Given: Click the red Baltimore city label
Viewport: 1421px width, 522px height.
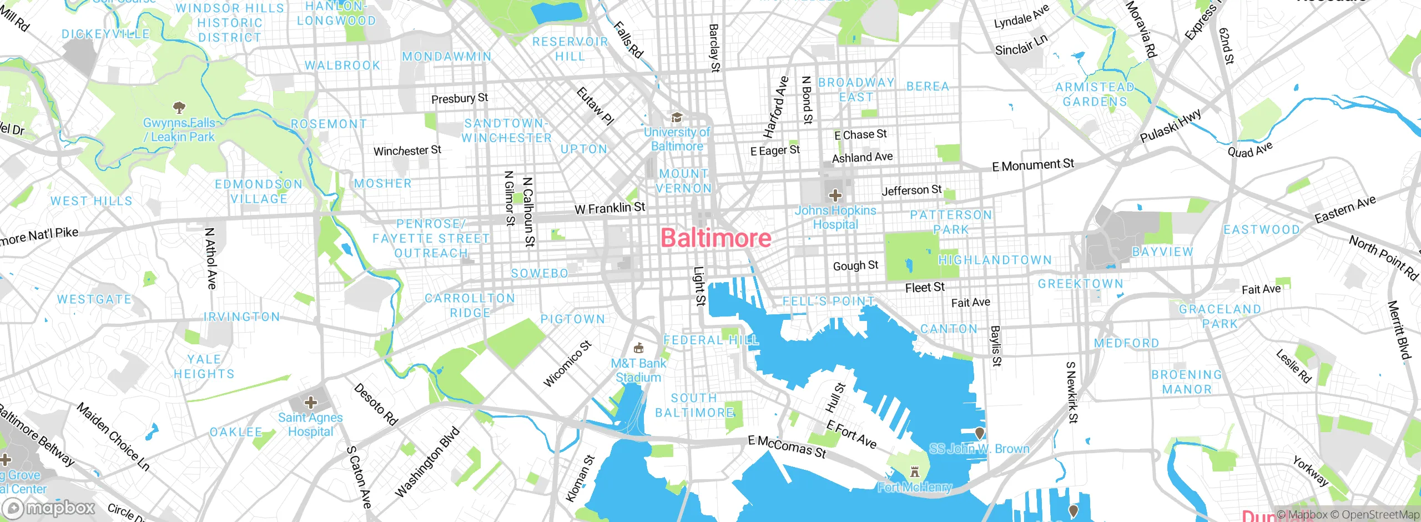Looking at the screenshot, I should coord(715,238).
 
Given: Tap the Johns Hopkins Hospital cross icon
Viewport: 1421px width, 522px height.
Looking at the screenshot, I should coord(835,195).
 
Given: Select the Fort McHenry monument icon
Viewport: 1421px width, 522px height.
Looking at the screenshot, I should coord(915,473).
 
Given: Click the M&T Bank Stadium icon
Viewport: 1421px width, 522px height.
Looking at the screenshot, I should coord(639,348).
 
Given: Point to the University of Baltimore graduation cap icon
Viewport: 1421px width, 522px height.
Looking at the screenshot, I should coord(677,118).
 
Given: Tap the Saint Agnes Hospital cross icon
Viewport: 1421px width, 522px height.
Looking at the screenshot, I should coord(311,402).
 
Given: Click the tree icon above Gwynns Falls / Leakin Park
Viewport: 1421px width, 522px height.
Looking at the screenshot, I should coord(179,107).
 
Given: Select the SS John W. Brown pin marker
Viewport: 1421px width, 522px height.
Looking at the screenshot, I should coord(980,433).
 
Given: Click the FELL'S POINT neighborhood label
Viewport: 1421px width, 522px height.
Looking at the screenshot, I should coord(828,301).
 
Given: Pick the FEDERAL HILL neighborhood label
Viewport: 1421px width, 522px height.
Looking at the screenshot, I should coord(711,340).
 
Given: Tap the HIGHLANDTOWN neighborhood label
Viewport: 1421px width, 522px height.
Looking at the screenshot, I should coord(995,260).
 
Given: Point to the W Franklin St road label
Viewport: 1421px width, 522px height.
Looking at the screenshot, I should coord(609,208).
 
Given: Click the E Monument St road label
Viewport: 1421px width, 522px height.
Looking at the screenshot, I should coord(1033,165).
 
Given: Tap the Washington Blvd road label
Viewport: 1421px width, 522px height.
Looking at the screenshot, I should coord(427,462).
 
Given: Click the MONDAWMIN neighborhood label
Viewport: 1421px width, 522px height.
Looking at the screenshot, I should coord(446,57).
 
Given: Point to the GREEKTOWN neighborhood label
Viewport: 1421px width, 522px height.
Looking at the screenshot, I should coord(1080,284).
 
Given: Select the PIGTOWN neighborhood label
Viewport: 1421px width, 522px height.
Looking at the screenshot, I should coord(572,319).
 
